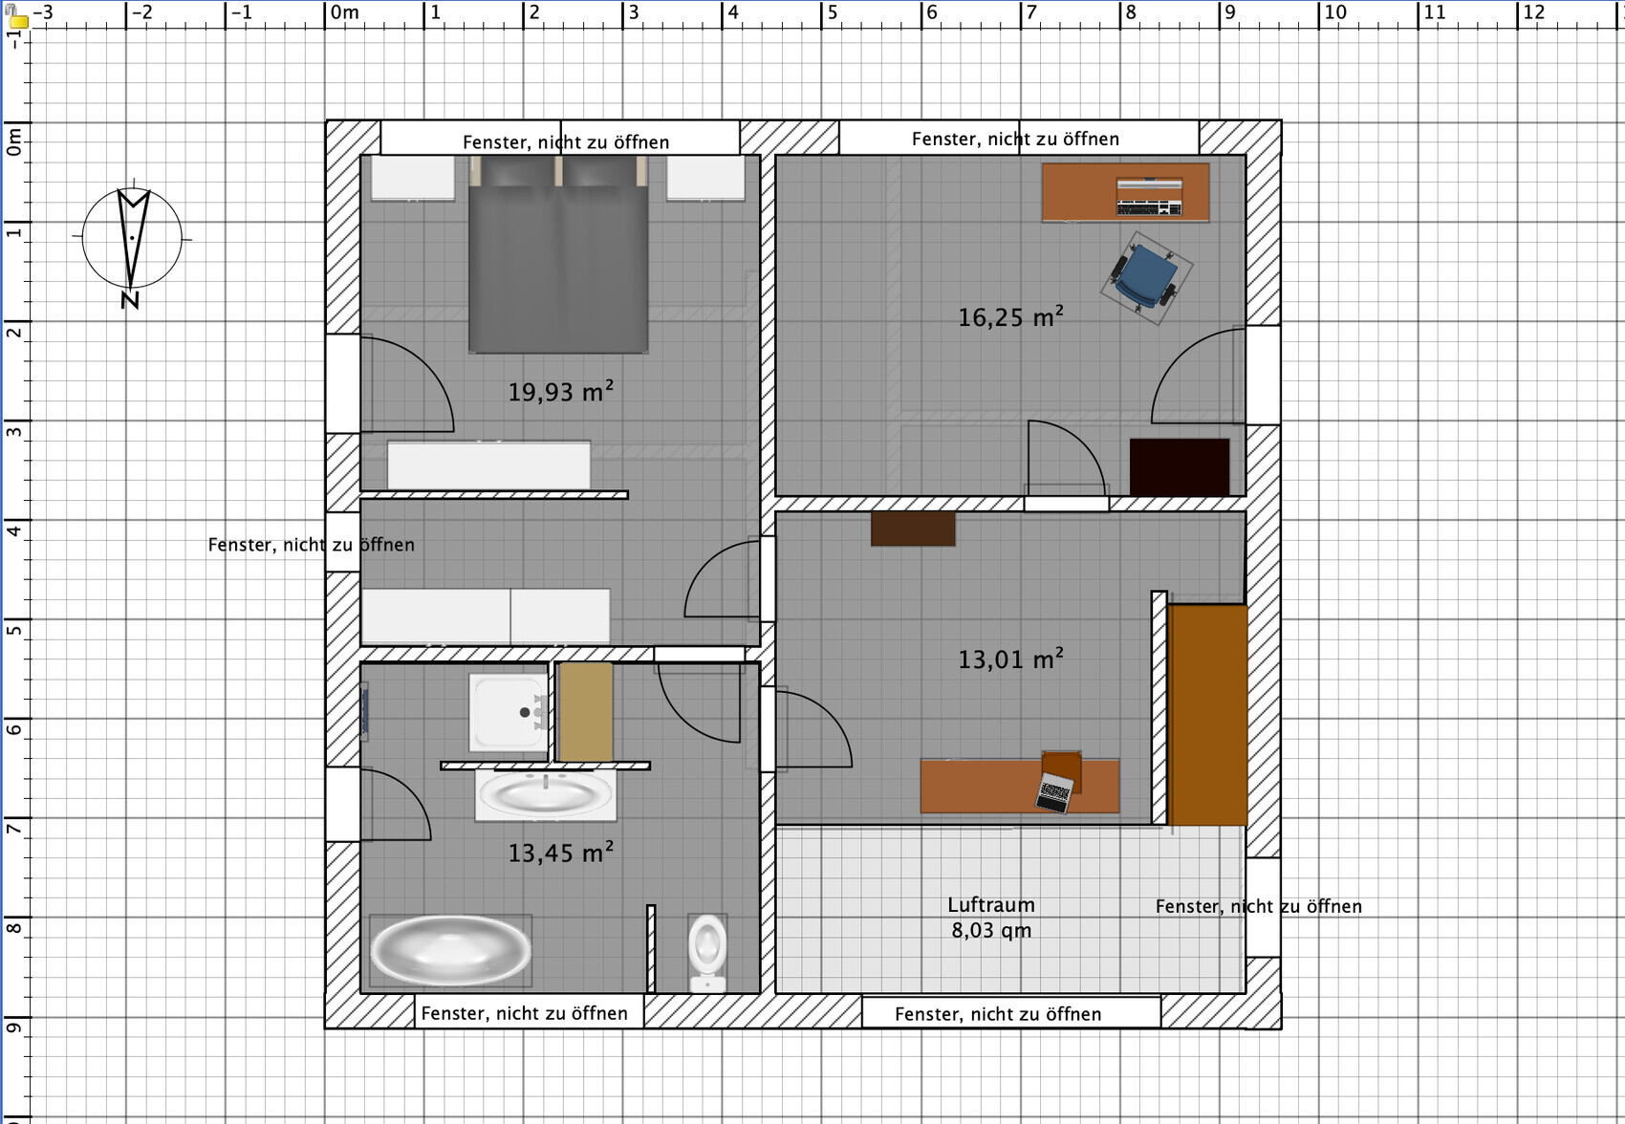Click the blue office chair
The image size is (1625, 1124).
pyautogui.click(x=1145, y=278)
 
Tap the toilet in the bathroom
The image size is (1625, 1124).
pyautogui.click(x=707, y=953)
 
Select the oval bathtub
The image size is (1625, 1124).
pyautogui.click(x=450, y=951)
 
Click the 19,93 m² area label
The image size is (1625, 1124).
pyautogui.click(x=561, y=391)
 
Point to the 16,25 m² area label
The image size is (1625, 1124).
pyautogui.click(x=1010, y=316)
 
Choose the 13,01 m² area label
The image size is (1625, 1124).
pyautogui.click(x=1010, y=659)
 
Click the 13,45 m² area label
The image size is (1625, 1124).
pyautogui.click(x=561, y=852)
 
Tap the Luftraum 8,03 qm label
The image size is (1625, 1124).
pyautogui.click(x=991, y=918)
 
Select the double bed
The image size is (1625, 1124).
pyautogui.click(x=558, y=254)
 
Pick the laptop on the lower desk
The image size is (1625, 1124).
pyautogui.click(x=1054, y=792)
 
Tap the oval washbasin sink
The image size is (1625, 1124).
pyautogui.click(x=546, y=795)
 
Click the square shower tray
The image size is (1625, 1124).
pyautogui.click(x=508, y=712)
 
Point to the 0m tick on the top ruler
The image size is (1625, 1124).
pyautogui.click(x=325, y=13)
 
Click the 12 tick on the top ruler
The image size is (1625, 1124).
pyautogui.click(x=1518, y=13)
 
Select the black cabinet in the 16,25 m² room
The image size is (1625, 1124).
pyautogui.click(x=1180, y=467)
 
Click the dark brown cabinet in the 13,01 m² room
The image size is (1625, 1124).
pyautogui.click(x=913, y=529)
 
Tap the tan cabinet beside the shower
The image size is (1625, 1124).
pyautogui.click(x=586, y=712)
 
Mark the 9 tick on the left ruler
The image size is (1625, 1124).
pyautogui.click(x=14, y=1017)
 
